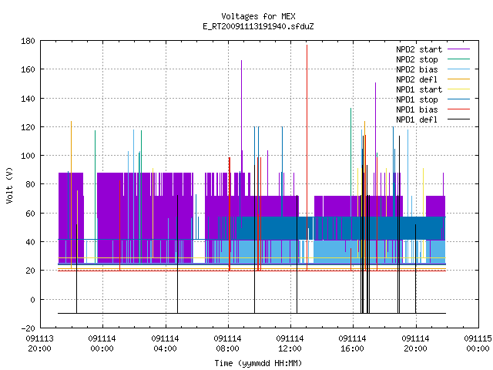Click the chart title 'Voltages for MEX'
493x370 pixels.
258,16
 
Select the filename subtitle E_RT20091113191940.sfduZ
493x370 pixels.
258,26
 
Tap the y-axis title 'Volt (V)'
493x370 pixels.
10,185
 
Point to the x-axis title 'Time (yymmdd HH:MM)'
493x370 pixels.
258,363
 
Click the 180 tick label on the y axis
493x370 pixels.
28,41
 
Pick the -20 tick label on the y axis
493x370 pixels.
28,328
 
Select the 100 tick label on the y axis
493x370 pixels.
28,156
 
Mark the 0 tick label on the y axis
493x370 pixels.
32,300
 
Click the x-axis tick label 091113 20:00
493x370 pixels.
39,344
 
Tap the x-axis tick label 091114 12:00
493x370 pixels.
290,344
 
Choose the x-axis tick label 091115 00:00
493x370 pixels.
478,344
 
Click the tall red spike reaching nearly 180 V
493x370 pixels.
307,157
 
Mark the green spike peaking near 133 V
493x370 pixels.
351,151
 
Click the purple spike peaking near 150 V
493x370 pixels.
375,139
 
